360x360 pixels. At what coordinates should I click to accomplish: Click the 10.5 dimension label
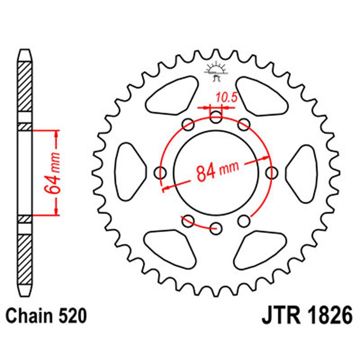[226, 98]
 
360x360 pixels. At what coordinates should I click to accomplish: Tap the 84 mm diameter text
[217, 170]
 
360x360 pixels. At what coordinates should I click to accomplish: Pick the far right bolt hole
[272, 172]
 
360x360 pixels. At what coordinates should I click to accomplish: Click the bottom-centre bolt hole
[216, 227]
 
